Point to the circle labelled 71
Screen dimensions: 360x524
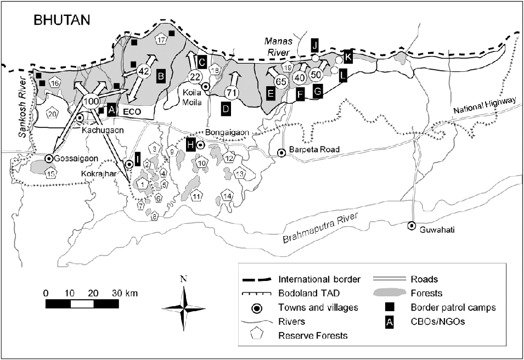click(231, 92)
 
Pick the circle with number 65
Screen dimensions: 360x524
click(281, 82)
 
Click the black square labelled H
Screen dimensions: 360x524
click(191, 144)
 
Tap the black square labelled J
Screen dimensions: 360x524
click(315, 44)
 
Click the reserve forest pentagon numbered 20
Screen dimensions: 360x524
click(52, 114)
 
